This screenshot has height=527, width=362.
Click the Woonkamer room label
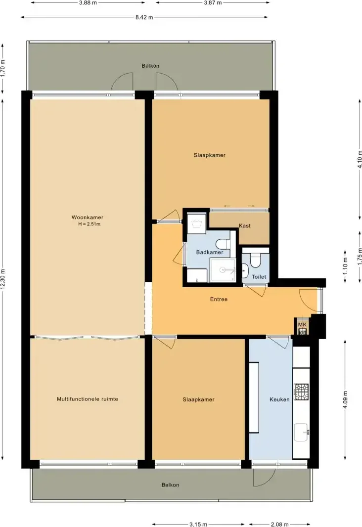tap(87, 217)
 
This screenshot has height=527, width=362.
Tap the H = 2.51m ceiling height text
tap(89, 224)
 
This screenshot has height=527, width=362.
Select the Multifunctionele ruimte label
tap(87, 399)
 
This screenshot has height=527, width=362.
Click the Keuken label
tap(279, 399)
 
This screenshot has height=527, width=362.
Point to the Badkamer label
tap(209, 252)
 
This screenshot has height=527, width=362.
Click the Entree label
tap(219, 299)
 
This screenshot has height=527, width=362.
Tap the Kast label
tap(244, 225)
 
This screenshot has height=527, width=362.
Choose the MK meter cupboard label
tap(302, 324)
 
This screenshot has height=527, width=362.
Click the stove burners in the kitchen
tap(301, 392)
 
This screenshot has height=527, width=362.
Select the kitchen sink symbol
tap(301, 432)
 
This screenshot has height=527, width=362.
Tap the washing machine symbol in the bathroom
tap(197, 220)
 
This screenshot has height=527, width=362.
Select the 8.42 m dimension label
tap(144, 17)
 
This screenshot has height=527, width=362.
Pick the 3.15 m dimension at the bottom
tap(198, 524)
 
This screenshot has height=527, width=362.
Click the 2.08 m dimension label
tap(279, 524)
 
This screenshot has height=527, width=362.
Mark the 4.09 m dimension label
tap(346, 399)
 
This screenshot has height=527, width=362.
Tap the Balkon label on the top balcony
tap(150, 65)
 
